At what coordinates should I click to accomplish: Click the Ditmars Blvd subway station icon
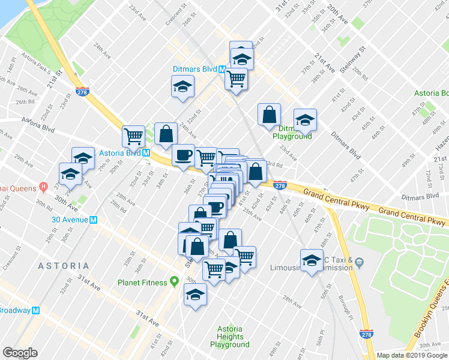tap(221, 69)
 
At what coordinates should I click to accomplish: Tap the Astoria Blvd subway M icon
tap(146, 153)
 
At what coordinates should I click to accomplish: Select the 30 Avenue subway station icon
tap(93, 220)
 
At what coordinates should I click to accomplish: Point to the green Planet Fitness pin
tap(175, 281)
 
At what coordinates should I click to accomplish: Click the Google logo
tap(20, 353)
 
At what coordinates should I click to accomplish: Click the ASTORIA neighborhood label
tap(64, 265)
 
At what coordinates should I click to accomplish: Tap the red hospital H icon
tap(43, 187)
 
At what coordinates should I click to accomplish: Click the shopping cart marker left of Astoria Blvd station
tap(132, 136)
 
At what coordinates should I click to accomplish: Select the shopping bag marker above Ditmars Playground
tap(268, 115)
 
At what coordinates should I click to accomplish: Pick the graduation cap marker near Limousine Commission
tap(311, 260)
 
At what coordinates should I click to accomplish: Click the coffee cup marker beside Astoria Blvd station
tap(182, 155)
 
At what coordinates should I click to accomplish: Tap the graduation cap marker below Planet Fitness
tap(195, 294)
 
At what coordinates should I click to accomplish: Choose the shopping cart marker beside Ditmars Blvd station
tap(237, 78)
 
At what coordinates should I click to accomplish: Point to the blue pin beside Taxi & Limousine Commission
tap(359, 262)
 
